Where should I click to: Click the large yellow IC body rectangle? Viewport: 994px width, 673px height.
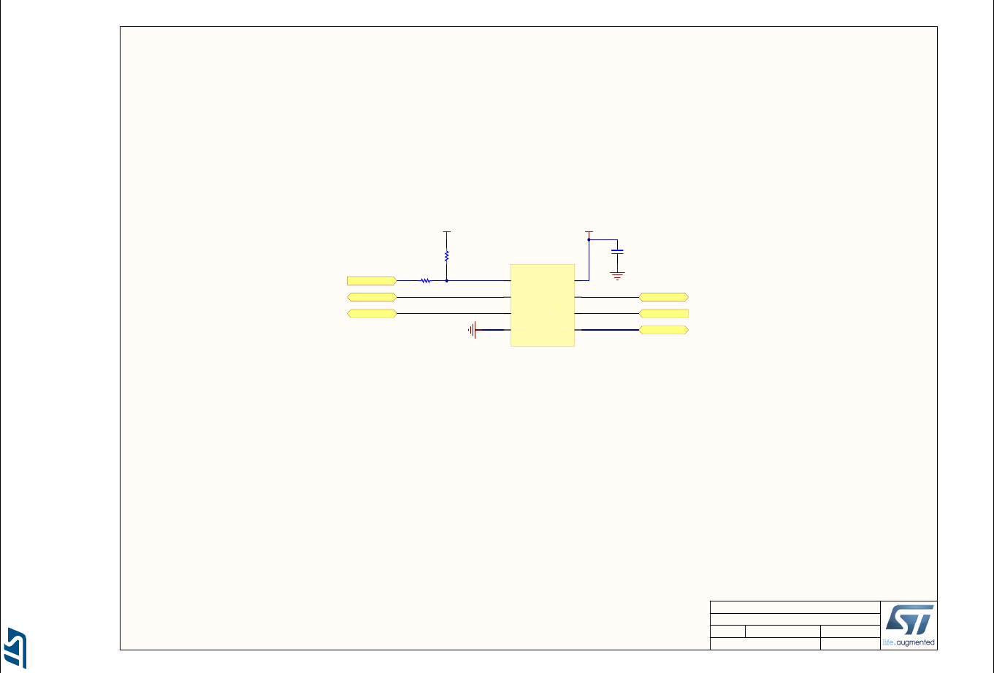tap(542, 305)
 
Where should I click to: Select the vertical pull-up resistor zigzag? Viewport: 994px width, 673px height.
tap(447, 256)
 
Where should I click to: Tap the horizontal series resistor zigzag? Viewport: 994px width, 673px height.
tap(426, 281)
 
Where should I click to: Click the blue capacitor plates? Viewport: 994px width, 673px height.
tap(617, 252)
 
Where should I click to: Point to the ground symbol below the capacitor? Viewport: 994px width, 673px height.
tap(617, 276)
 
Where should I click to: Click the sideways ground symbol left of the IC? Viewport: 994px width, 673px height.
tap(473, 330)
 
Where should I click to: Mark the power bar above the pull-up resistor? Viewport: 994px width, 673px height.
tap(447, 231)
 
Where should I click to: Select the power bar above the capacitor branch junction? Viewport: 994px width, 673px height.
tap(589, 231)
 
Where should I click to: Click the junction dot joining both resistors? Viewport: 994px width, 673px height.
tap(447, 281)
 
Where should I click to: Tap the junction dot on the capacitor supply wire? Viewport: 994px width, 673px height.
tap(589, 240)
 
